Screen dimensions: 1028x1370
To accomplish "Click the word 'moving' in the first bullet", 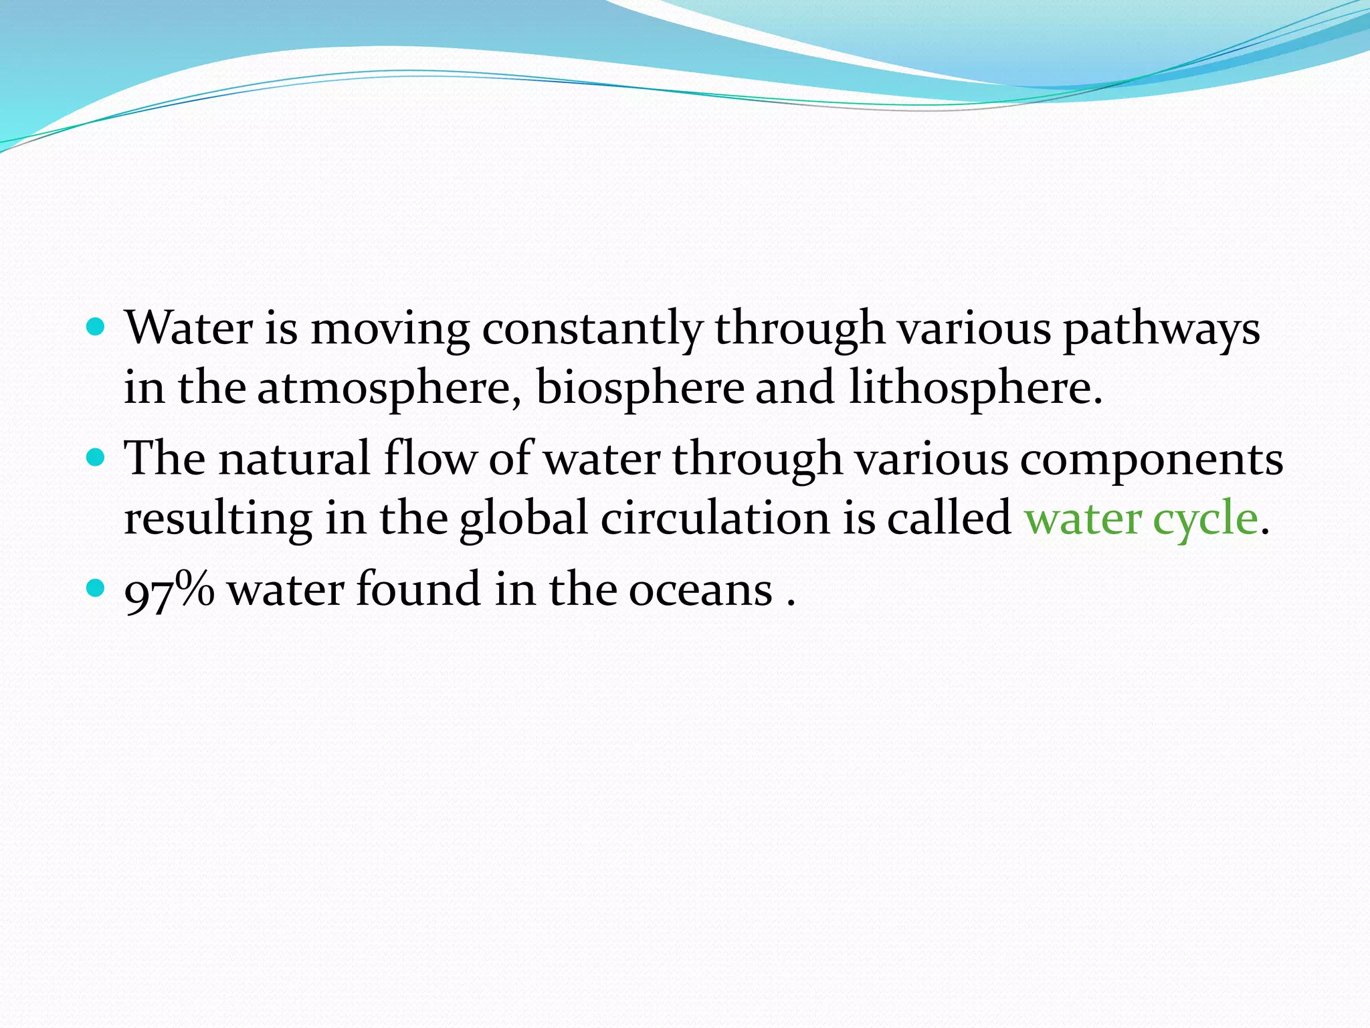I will pos(390,329).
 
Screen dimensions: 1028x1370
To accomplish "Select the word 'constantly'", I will pos(592,329).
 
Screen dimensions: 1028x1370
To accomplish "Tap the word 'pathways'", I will pos(1161,329).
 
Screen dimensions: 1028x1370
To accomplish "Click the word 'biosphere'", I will pos(640,388).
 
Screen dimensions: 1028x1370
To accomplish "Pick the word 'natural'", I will pos(294,459).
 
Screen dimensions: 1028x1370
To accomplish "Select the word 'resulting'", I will pos(218,519).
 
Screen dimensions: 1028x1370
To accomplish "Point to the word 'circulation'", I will pos(714,519).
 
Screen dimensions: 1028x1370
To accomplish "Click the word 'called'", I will pos(949,519).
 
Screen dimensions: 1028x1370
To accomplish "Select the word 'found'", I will pos(418,589).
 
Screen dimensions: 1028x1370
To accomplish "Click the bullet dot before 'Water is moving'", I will pos(96,327).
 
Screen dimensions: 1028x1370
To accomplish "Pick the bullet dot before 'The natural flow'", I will pos(96,458).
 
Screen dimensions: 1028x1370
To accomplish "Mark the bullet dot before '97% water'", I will pos(96,588).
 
